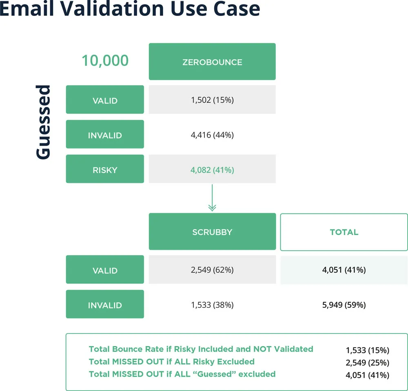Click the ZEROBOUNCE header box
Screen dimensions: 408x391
point(212,62)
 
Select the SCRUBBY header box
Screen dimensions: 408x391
point(212,231)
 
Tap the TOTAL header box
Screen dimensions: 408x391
point(344,232)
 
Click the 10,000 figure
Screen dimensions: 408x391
point(105,60)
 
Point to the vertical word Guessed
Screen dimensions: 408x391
point(43,122)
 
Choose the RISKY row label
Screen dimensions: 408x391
point(105,169)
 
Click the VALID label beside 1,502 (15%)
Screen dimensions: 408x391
point(105,100)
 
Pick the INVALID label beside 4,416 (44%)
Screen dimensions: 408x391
point(105,134)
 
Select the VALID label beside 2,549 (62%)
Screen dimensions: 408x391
point(105,269)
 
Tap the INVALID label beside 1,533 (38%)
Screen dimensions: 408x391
point(105,304)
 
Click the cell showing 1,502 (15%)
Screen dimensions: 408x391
point(212,100)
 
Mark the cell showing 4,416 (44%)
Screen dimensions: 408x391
point(212,135)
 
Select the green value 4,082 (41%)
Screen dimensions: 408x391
point(212,170)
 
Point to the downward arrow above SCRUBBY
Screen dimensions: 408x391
point(212,198)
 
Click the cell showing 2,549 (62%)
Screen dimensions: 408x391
point(212,269)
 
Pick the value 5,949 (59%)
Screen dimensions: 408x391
point(344,305)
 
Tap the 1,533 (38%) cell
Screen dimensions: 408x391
point(212,305)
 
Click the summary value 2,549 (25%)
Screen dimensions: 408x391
point(368,362)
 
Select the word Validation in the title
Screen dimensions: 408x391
point(112,9)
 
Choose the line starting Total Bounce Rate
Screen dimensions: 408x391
point(201,349)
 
